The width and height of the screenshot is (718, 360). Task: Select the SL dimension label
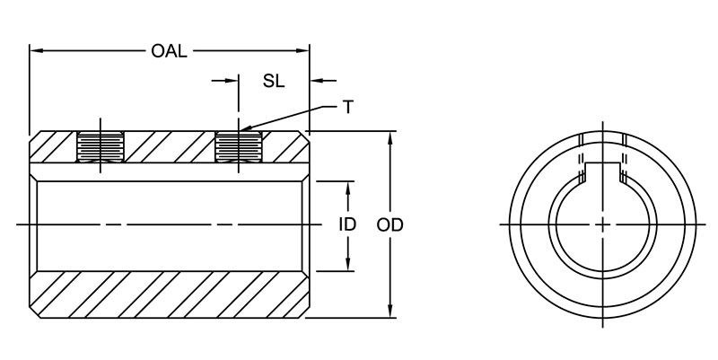(274, 81)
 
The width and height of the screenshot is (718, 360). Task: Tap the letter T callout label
(347, 107)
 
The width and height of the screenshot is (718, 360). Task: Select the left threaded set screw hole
(101, 146)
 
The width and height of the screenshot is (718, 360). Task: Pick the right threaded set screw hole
(238, 146)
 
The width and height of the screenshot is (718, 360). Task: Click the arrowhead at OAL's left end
(37, 51)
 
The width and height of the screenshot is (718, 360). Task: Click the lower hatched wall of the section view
(171, 296)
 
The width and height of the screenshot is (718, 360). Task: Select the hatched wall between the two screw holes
(171, 147)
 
